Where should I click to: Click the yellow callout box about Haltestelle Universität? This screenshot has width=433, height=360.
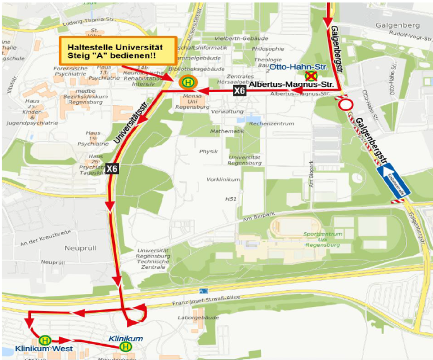[x=118, y=51]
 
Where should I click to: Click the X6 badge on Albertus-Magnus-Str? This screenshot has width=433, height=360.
[x=240, y=90]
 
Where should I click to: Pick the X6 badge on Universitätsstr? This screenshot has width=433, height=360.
[x=112, y=168]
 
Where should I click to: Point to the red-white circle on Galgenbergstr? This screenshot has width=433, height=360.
[x=346, y=105]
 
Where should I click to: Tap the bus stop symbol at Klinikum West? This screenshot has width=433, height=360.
[x=44, y=340]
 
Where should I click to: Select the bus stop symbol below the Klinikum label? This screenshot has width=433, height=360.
[x=125, y=347]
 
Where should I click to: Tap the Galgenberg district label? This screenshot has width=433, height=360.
[x=400, y=25]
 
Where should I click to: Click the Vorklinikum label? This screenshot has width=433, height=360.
[x=223, y=179]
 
